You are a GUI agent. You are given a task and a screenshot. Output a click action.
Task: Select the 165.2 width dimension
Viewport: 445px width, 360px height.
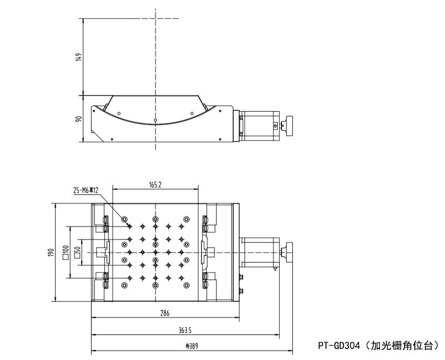coord(155,184)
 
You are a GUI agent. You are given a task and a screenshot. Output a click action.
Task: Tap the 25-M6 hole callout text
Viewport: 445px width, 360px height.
coord(86,191)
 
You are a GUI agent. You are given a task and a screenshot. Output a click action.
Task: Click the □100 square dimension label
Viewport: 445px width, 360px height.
coord(65,252)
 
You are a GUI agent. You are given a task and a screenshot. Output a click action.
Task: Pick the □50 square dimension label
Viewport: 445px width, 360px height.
coord(76,252)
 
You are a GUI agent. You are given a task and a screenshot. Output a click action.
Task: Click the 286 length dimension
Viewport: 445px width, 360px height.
coord(165,314)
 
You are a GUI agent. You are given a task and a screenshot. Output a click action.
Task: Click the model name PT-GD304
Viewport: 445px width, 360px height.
coord(339,345)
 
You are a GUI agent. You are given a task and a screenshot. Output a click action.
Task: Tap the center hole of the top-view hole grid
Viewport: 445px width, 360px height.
coord(155,252)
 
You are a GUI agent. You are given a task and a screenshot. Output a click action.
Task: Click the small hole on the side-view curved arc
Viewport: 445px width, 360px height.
coord(155,119)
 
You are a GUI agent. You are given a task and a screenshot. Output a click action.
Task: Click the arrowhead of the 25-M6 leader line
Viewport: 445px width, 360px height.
coord(129,226)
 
